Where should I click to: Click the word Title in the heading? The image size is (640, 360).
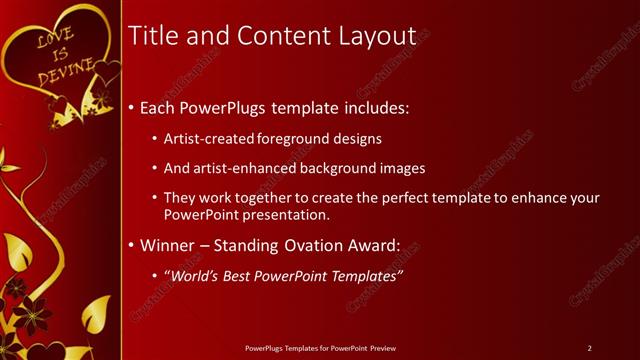tap(155, 36)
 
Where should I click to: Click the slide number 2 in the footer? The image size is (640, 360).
tap(589, 347)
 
